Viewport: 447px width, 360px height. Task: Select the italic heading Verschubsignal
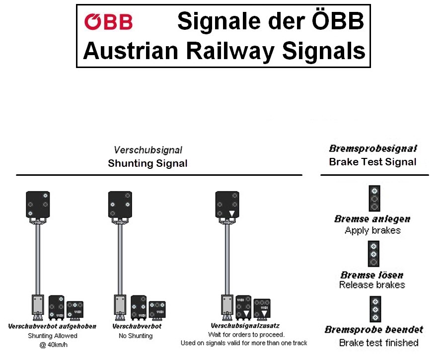[x=148, y=150]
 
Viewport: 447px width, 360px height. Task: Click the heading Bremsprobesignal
[x=372, y=148]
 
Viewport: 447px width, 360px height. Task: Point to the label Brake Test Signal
[x=372, y=162]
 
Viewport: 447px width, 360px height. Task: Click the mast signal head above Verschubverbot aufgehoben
[x=38, y=204]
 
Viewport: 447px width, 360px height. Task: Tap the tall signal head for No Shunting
[x=120, y=204]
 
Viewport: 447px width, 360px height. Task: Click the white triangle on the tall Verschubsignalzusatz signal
[x=231, y=214]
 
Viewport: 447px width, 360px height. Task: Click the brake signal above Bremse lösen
[x=373, y=254]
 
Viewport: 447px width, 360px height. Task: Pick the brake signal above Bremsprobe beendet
[x=373, y=309]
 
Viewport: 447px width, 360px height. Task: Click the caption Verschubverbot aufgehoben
[x=52, y=327]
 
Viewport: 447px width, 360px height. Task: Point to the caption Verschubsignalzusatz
[x=242, y=327]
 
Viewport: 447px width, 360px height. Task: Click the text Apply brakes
[x=372, y=230]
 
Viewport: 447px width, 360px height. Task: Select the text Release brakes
[x=372, y=285]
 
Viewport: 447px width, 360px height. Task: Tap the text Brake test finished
[x=378, y=343]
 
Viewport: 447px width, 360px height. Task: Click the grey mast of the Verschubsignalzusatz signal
[x=227, y=258]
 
